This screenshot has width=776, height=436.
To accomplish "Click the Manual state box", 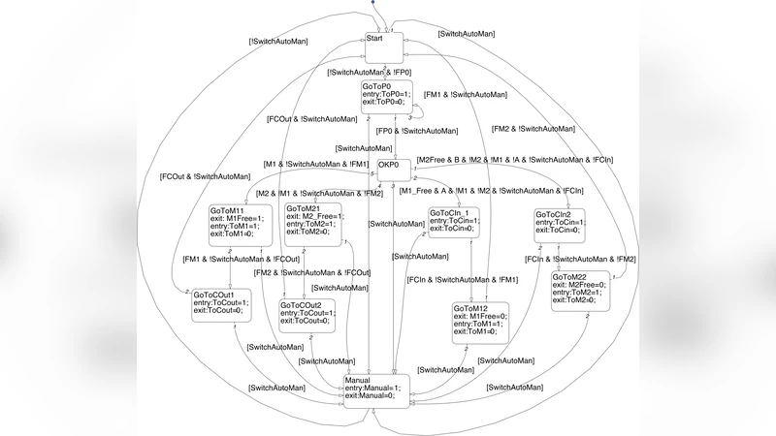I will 376,389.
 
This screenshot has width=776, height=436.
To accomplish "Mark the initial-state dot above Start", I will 372,3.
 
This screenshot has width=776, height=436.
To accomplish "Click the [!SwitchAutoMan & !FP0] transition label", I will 370,73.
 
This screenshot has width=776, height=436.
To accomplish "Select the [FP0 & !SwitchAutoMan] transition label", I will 416,131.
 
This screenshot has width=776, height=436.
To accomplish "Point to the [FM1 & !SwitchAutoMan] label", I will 466,95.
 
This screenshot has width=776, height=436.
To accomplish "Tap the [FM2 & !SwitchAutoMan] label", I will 533,129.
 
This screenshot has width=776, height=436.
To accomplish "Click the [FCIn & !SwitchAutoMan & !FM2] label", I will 580,260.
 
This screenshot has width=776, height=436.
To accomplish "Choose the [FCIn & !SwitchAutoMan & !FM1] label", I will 463,280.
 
